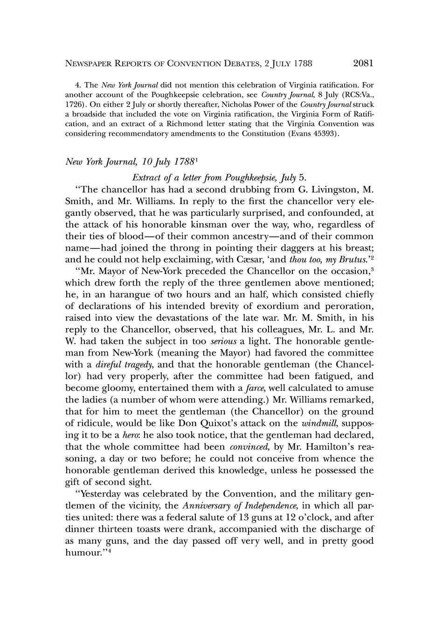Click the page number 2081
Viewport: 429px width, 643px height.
(x=364, y=63)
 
